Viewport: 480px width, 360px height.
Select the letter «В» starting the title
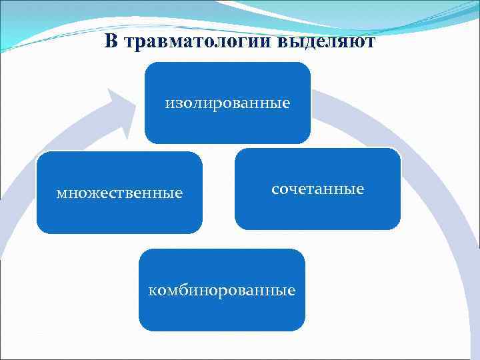111,42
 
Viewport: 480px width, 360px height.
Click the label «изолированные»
227,103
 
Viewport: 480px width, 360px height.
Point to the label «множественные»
119,193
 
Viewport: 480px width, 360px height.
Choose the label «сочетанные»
317,189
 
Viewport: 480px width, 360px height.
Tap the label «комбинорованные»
222,291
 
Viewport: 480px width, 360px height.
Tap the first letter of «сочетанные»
275,189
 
